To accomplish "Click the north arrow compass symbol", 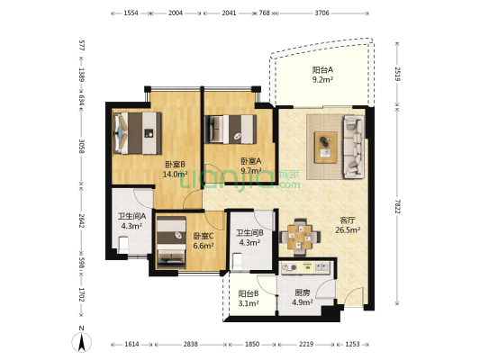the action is [81, 342].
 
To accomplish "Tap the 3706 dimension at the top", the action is [322, 13].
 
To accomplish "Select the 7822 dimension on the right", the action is [397, 206].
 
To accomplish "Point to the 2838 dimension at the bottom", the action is [190, 344].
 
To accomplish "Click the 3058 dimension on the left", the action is [81, 146].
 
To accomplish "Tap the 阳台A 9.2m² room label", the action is [322, 75].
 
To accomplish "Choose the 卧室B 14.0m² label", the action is [175, 169].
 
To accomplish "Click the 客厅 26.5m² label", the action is [348, 225].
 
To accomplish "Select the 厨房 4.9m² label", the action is [303, 298].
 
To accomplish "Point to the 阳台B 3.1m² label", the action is [249, 299].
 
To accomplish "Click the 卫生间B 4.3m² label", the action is [249, 238].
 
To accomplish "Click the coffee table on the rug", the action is [326, 148].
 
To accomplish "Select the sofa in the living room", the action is [354, 147].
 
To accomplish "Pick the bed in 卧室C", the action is [171, 242].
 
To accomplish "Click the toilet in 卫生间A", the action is [123, 245].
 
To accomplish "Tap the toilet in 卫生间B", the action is [238, 262].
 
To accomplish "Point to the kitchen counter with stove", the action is [306, 267].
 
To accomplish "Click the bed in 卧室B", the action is [137, 133].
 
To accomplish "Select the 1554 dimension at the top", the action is [131, 13].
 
